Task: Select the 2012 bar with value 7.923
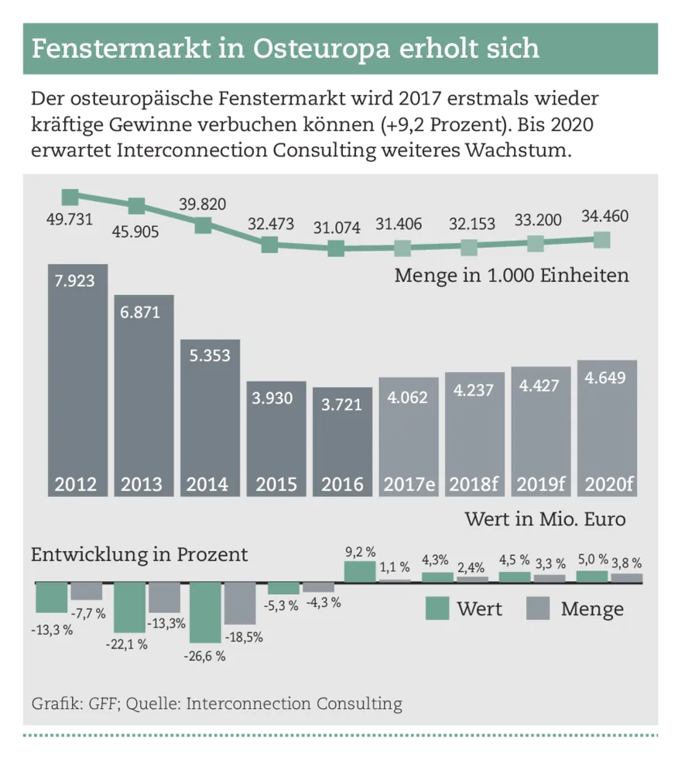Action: [x=77, y=379]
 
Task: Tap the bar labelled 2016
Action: [x=342, y=441]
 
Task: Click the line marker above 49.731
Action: [x=70, y=197]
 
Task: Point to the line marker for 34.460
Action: [x=601, y=239]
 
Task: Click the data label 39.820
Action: [x=203, y=204]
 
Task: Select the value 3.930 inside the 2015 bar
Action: [x=276, y=399]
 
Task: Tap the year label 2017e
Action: [x=409, y=485]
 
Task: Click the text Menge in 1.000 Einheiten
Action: [x=511, y=276]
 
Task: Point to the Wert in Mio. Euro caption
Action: [x=545, y=519]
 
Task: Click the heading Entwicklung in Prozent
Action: [x=139, y=555]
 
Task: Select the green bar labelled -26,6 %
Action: [x=206, y=611]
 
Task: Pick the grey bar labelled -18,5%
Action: [x=240, y=603]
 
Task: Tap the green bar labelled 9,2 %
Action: [x=360, y=572]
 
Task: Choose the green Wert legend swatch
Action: [x=437, y=608]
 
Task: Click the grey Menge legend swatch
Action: [x=538, y=608]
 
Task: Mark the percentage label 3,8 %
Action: [x=626, y=563]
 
